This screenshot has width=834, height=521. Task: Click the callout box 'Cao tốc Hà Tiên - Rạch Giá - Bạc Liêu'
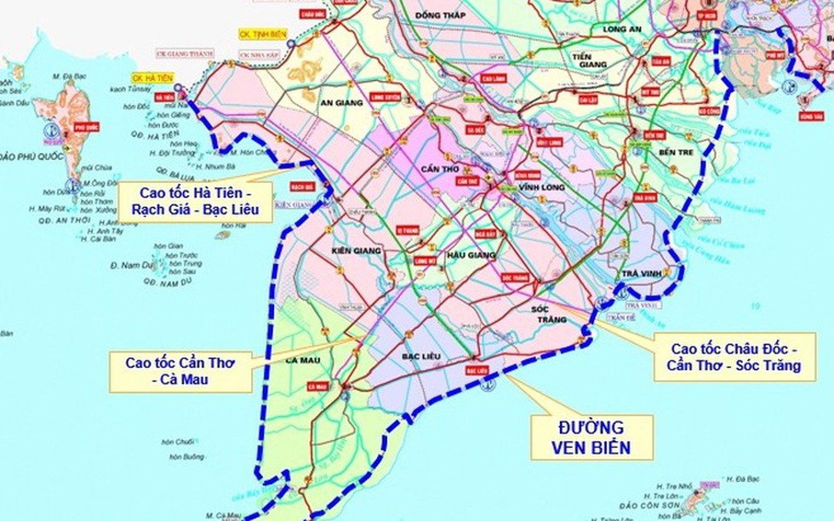coord(195,201)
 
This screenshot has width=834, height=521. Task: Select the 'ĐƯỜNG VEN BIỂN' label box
coord(591,436)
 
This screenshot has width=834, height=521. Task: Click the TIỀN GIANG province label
coord(594,61)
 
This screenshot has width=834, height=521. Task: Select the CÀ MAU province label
coord(303,361)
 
